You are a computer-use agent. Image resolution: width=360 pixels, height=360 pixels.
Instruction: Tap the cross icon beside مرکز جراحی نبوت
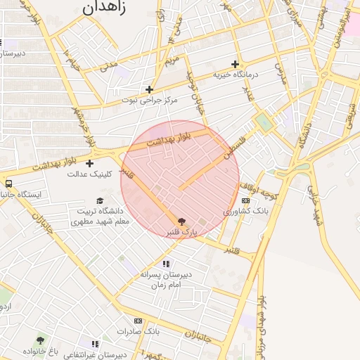click(149, 89)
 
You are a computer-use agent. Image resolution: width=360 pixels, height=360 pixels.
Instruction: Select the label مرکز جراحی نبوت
click(149, 100)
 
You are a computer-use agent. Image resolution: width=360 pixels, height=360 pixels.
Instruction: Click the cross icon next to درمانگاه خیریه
click(235, 64)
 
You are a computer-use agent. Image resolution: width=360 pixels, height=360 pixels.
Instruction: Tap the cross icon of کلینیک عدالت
click(89, 163)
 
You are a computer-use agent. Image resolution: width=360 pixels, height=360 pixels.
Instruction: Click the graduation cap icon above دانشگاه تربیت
click(99, 200)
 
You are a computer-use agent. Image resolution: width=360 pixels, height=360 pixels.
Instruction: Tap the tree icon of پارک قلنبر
click(182, 221)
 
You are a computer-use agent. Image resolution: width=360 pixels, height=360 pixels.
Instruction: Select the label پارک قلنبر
click(181, 231)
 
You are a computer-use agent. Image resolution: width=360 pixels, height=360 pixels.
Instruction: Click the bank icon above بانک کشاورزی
click(245, 200)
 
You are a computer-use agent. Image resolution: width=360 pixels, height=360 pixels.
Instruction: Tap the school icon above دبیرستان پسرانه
click(166, 264)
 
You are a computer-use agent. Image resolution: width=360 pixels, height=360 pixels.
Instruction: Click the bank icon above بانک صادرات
click(138, 320)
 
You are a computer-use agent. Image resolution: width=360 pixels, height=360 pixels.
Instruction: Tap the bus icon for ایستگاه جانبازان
click(9, 184)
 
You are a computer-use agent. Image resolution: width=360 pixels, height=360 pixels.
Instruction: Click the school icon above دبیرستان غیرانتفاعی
click(95, 344)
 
